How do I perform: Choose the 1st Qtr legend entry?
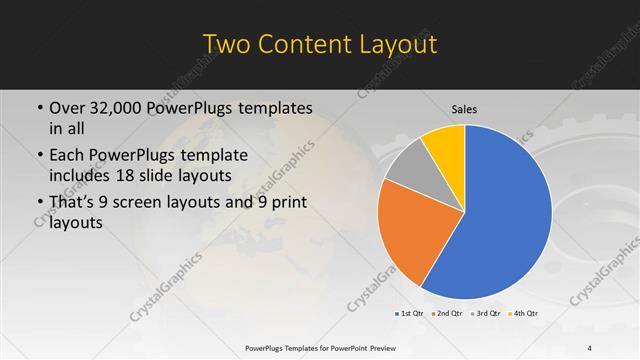point(411,314)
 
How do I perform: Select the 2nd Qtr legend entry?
point(448,314)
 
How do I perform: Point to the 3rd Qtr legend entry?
point(486,314)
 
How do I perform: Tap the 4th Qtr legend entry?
point(524,314)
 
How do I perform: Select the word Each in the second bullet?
point(68,155)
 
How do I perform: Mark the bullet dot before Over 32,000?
point(38,107)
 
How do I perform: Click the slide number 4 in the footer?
point(590,347)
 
